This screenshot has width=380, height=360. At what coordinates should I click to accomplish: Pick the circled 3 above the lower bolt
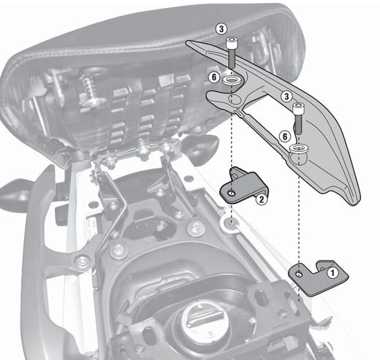pos(288,95)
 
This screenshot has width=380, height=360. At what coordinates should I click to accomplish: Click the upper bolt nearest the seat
pos(232,50)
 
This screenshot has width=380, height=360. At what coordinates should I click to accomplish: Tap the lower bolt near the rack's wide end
pos(299,118)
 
